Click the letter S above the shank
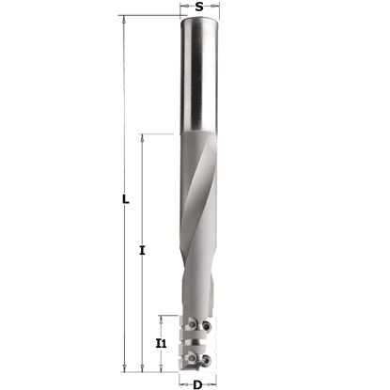pos(199,7)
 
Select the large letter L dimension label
pos(127,198)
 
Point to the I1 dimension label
pos(162,345)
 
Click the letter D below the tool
pos(197,383)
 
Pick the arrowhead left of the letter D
pos(180,383)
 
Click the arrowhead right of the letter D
pos(216,383)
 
